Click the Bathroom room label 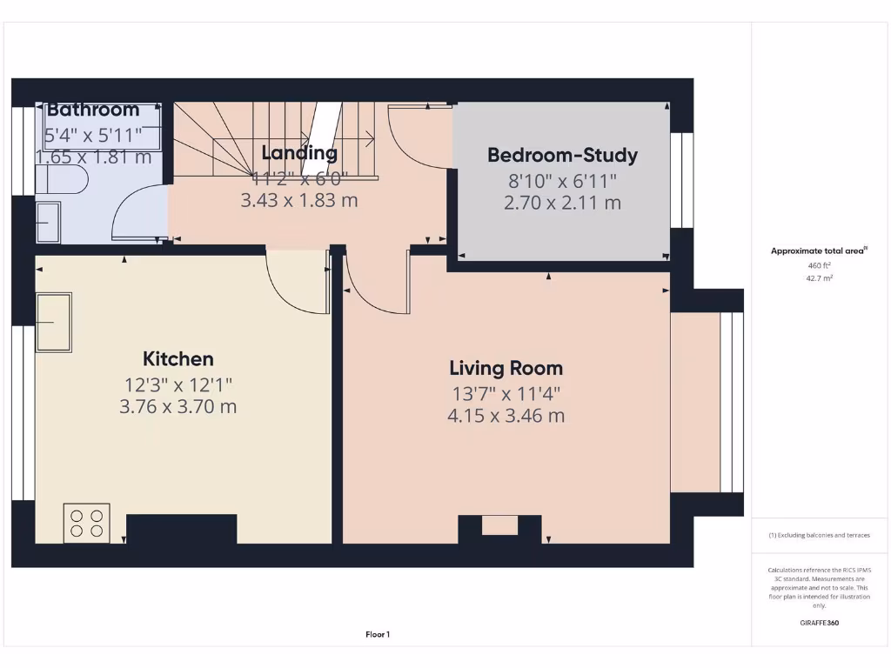tap(93, 110)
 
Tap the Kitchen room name tap(178, 358)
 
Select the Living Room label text tap(506, 368)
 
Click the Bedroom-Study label tap(562, 155)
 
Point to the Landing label tap(299, 153)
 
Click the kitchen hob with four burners tap(86, 523)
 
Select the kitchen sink tap(53, 322)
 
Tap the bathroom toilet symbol tap(57, 181)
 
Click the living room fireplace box tap(499, 525)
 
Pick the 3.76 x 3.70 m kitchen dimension tap(178, 406)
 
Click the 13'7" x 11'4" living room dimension tap(506, 393)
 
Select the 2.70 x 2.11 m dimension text tap(562, 203)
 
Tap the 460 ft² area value tap(819, 265)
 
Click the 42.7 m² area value tap(819, 278)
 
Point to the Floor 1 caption tap(377, 635)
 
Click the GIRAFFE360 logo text tap(819, 623)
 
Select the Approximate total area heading tap(819, 250)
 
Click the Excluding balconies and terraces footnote tap(819, 535)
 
